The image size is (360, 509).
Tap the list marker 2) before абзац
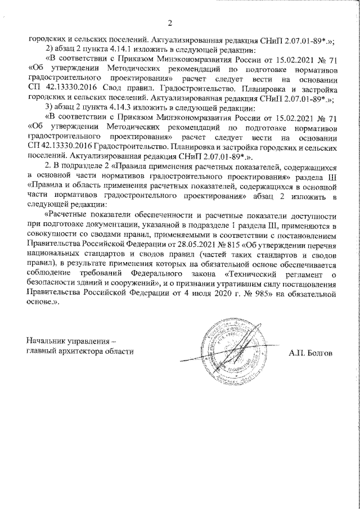pyautogui.click(x=49, y=48)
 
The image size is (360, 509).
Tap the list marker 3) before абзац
pyautogui.click(x=49, y=107)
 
